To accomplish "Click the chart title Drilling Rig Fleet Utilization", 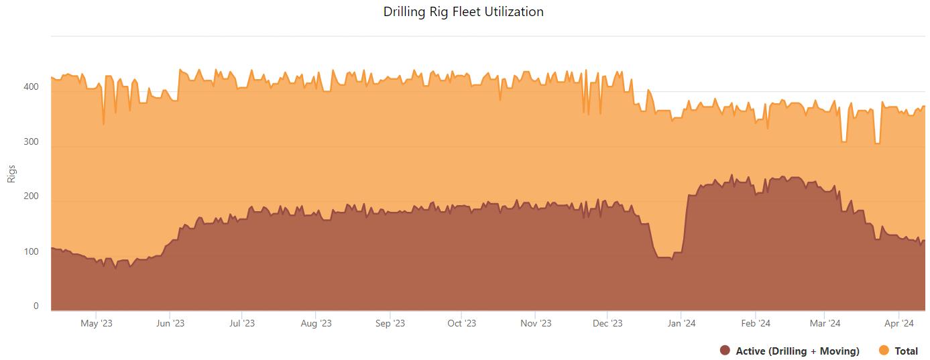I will click(x=463, y=12).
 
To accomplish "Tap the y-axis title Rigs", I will click(x=11, y=174).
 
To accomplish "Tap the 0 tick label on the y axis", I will click(x=36, y=306).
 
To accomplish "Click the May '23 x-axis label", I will click(x=97, y=324).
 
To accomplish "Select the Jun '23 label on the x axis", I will click(x=170, y=324).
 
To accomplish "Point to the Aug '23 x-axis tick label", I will click(x=316, y=324).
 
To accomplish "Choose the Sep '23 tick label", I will click(x=390, y=324).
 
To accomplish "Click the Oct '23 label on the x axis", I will click(x=461, y=324).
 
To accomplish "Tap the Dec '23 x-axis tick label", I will click(x=607, y=324).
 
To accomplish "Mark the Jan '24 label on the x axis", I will click(x=681, y=324).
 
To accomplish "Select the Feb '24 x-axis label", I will click(x=756, y=324).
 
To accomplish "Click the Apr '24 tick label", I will click(x=899, y=324).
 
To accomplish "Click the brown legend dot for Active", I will click(x=724, y=351).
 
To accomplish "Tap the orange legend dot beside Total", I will click(x=884, y=351).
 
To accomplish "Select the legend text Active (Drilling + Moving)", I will click(x=797, y=351).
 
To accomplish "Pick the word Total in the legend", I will click(x=907, y=351).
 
